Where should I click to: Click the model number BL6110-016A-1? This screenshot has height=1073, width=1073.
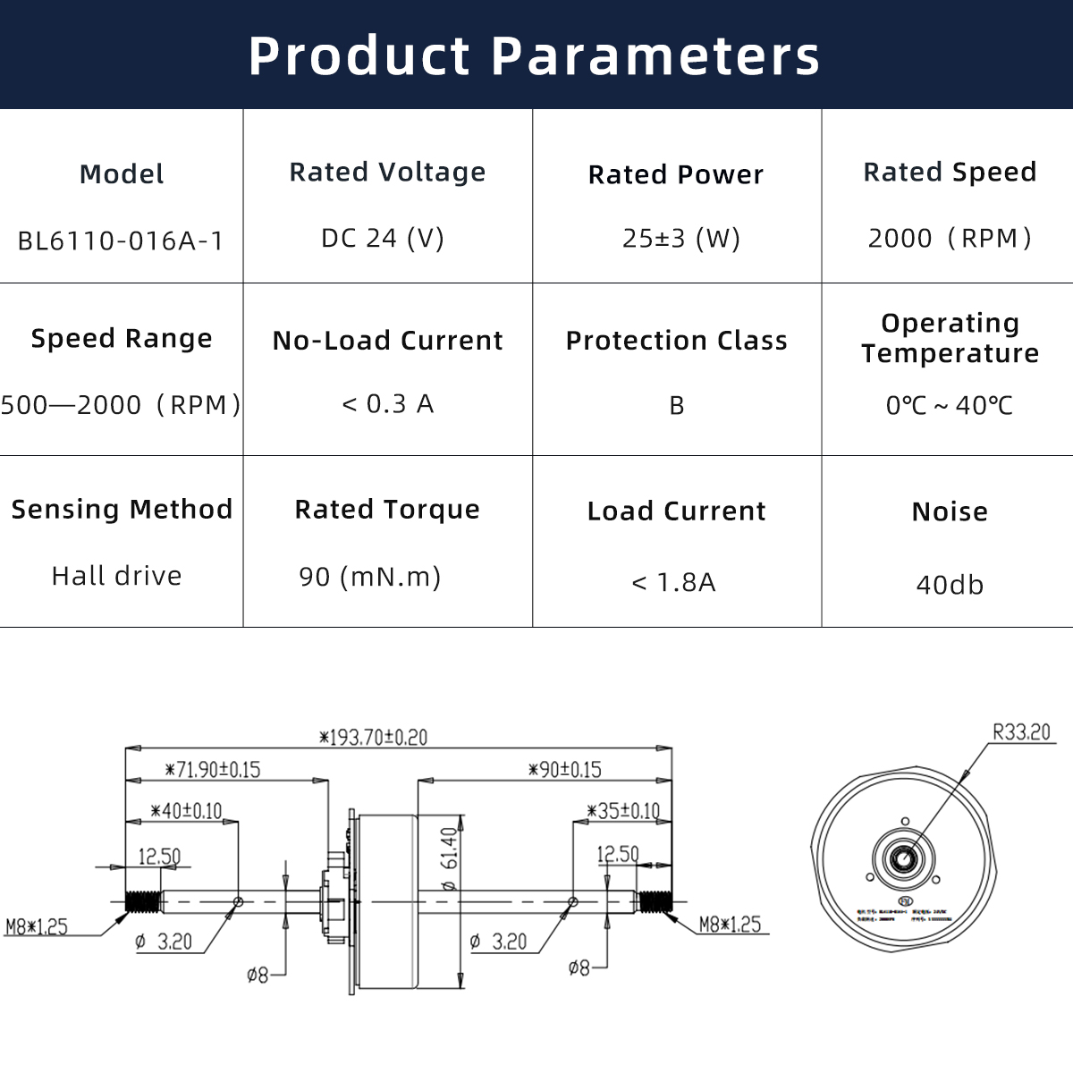(x=121, y=241)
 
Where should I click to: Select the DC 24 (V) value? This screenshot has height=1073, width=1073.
(x=383, y=239)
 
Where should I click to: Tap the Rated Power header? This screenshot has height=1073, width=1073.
(x=676, y=174)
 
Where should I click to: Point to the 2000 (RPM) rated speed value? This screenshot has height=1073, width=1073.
(x=950, y=239)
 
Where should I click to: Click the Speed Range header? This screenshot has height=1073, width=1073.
(x=122, y=339)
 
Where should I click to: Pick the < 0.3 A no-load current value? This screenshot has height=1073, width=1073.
(x=388, y=404)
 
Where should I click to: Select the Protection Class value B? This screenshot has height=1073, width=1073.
(x=677, y=406)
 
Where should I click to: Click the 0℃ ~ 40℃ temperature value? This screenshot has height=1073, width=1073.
(x=950, y=406)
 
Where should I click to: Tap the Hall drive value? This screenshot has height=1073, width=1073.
(x=117, y=576)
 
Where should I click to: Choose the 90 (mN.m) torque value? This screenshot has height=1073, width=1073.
(x=370, y=577)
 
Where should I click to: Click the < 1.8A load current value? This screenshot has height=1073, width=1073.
(x=674, y=583)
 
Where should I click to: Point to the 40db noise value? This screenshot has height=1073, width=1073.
(x=950, y=586)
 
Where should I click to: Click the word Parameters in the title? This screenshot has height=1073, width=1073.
(x=655, y=55)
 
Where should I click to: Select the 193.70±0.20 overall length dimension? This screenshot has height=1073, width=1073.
(x=374, y=738)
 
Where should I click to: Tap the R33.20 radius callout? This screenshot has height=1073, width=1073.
(x=1022, y=732)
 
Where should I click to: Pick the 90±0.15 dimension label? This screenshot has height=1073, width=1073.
(x=565, y=770)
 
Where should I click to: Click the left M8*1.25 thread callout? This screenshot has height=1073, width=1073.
(x=37, y=927)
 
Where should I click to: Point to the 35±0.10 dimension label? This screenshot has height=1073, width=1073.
(x=624, y=812)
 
